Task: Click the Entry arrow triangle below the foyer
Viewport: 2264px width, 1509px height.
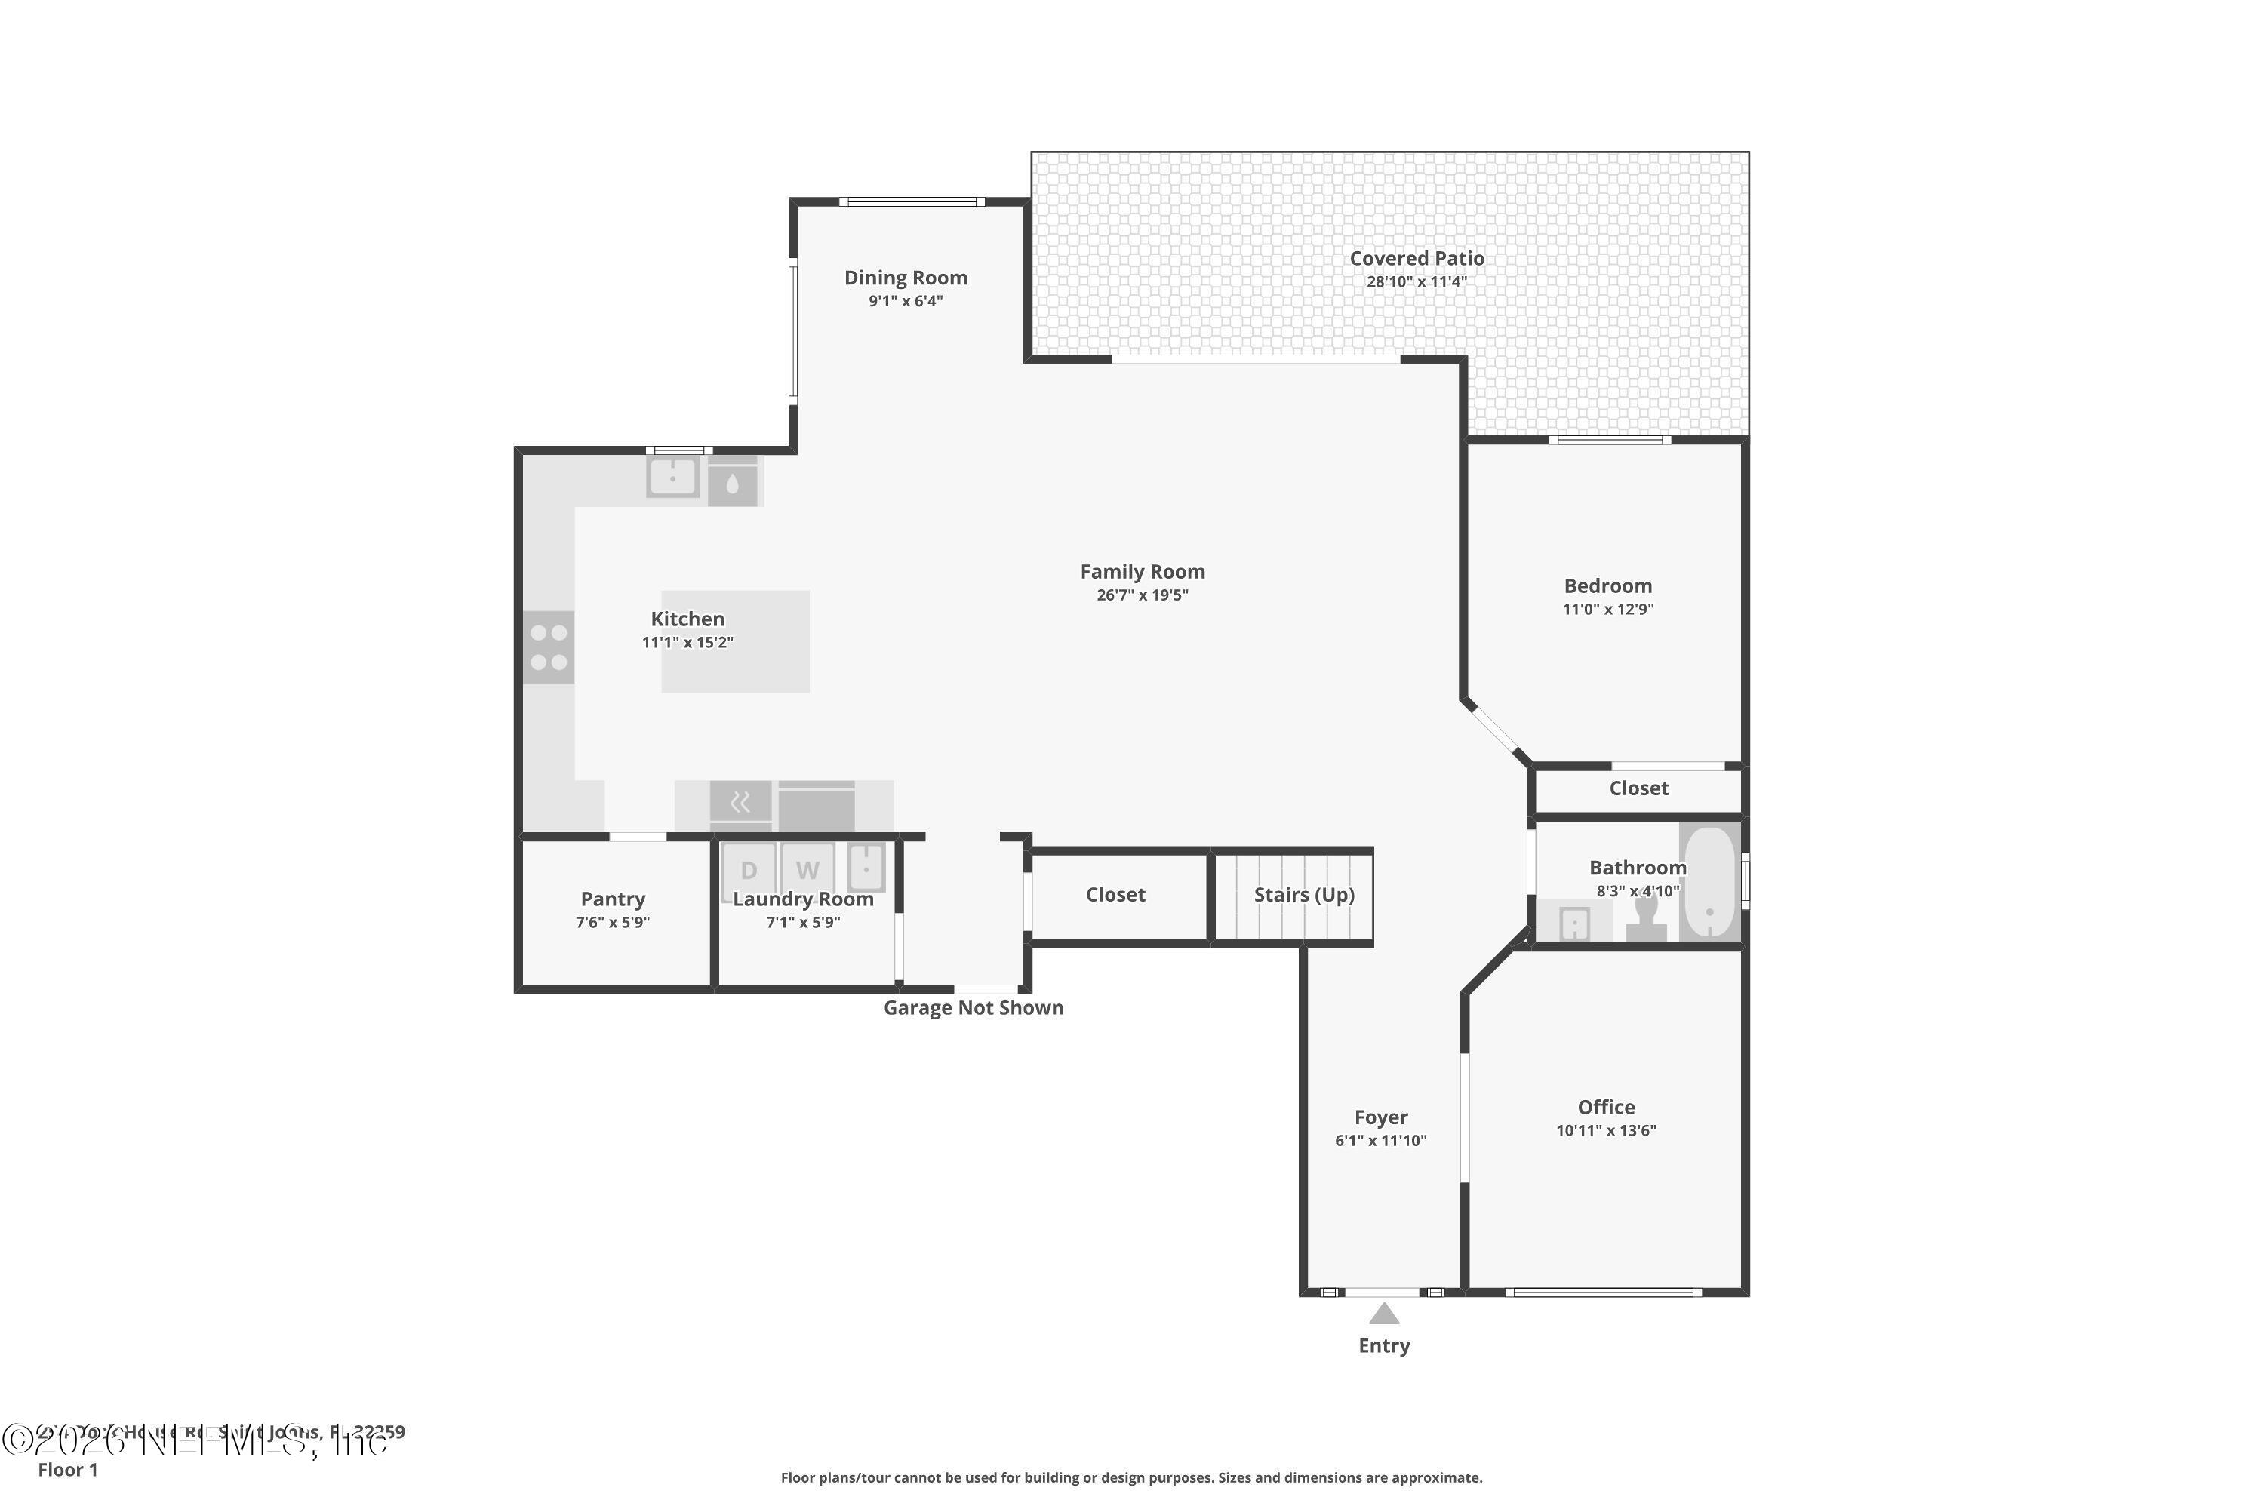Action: pyautogui.click(x=1383, y=1314)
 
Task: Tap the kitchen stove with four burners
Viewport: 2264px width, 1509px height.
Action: pyautogui.click(x=549, y=647)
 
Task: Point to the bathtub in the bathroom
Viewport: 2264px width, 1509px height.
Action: pyautogui.click(x=1709, y=881)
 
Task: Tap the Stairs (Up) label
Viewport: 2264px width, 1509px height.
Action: pyautogui.click(x=1303, y=894)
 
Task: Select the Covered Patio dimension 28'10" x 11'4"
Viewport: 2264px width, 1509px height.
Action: pyautogui.click(x=1416, y=282)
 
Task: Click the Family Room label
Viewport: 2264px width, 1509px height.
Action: pyautogui.click(x=1142, y=572)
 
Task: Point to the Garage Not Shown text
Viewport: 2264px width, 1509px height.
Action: pyautogui.click(x=974, y=1007)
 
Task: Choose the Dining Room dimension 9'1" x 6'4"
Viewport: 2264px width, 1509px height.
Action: pyautogui.click(x=905, y=301)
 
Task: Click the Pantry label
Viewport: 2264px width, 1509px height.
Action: pyautogui.click(x=612, y=899)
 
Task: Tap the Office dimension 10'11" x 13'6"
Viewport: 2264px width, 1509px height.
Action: pyautogui.click(x=1606, y=1131)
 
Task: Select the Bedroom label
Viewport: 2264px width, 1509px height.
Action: pyautogui.click(x=1607, y=585)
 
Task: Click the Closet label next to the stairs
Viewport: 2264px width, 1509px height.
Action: pyautogui.click(x=1115, y=894)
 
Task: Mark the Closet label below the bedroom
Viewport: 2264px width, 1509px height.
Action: pyautogui.click(x=1638, y=788)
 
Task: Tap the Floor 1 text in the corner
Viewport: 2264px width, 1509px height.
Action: pyautogui.click(x=67, y=1470)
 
